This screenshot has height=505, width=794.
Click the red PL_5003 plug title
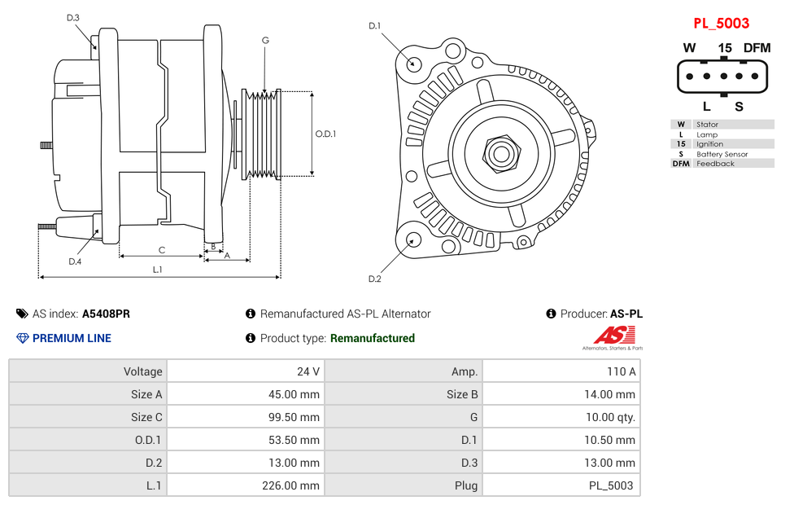click(721, 23)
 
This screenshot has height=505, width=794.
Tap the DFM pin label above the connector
click(756, 48)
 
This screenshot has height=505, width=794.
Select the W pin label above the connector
click(689, 48)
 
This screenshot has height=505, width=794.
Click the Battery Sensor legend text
click(722, 154)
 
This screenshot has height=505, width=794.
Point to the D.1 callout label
click(374, 26)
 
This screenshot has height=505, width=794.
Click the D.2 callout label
click(374, 279)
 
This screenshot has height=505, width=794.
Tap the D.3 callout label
click(73, 18)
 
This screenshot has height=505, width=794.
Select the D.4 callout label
click(75, 261)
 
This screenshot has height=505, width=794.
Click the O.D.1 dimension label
click(325, 134)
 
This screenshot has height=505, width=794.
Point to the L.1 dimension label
click(158, 270)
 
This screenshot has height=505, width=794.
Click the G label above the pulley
click(265, 40)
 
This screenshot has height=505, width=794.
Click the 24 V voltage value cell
click(245, 371)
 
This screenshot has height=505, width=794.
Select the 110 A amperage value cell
click(561, 371)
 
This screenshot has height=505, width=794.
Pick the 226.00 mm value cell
click(245, 485)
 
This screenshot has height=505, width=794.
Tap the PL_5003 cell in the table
click(561, 485)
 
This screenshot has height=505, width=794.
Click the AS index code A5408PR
click(106, 314)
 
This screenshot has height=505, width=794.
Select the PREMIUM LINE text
click(72, 338)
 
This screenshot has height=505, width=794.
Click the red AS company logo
click(613, 335)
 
